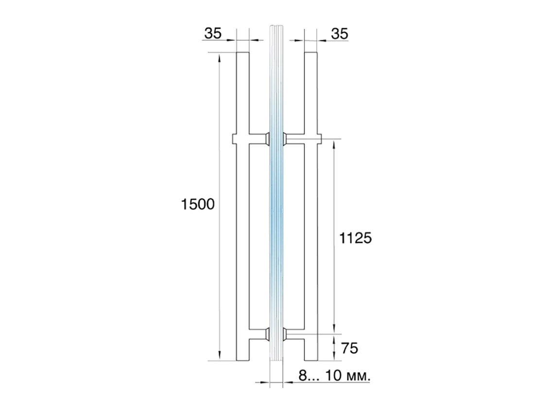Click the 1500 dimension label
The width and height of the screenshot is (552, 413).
(197, 204)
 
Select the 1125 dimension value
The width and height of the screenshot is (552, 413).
(355, 239)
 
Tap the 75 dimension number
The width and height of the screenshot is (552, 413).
(349, 348)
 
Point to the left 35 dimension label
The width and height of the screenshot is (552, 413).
(213, 34)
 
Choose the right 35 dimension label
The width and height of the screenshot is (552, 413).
(340, 34)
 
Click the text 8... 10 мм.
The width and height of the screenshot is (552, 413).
(334, 376)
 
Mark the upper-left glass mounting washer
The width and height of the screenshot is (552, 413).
(267, 138)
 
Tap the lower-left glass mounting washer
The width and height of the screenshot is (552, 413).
(267, 334)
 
